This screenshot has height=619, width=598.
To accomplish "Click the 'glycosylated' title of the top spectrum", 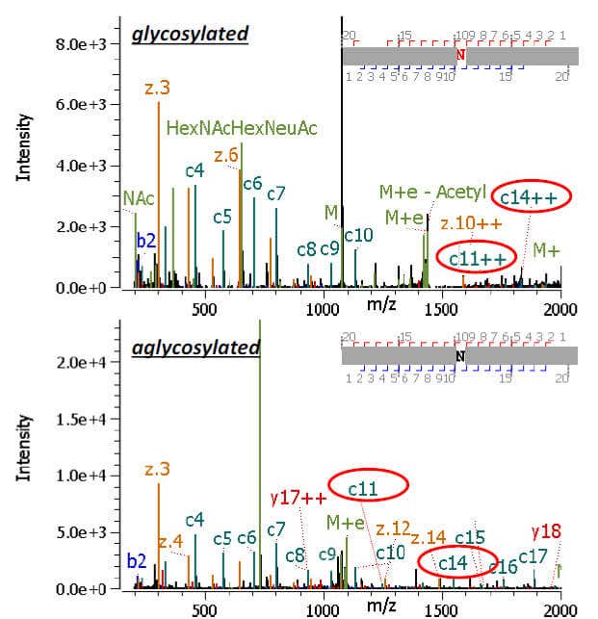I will coord(191,35).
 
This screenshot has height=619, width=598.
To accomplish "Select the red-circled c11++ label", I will coord(475,256).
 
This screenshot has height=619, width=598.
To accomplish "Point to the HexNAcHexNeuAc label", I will coord(242,127).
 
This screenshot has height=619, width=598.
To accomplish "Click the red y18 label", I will coord(545,531).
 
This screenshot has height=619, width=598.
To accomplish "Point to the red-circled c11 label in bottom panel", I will coord(363,489).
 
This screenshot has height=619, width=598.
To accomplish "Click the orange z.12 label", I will coord(394,529).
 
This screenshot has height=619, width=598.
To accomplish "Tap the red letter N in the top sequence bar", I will coord(460,55).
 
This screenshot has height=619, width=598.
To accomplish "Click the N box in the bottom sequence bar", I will coord(460,355).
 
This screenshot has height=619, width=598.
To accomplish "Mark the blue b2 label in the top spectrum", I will coord(146,241).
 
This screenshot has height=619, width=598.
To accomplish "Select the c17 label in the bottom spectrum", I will coord(533,555).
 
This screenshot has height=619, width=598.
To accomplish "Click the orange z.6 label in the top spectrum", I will coord(226,155).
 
